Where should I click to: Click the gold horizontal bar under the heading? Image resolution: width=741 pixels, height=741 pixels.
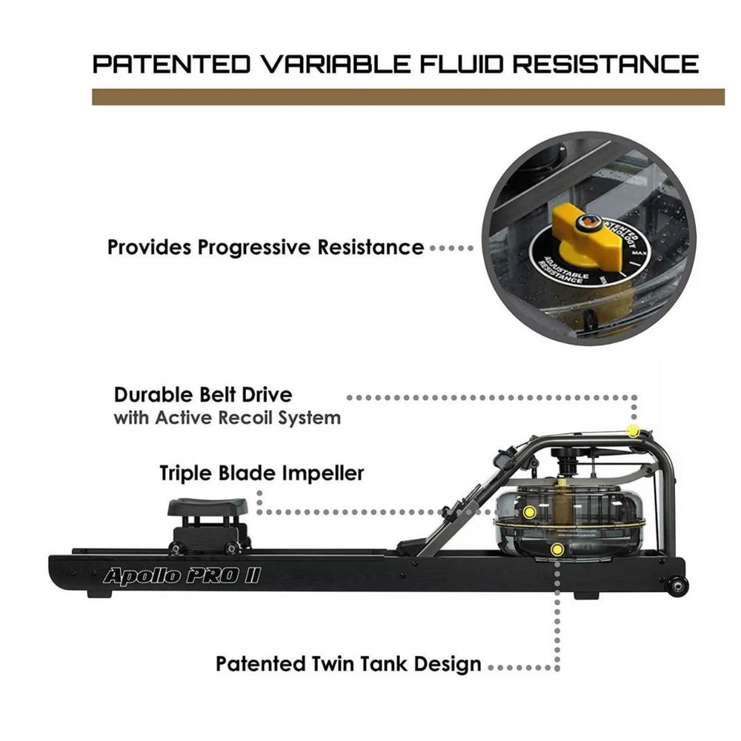point(408,97)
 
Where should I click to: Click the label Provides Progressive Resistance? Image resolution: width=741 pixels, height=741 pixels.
point(265,247)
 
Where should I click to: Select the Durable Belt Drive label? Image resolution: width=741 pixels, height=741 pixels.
point(202,394)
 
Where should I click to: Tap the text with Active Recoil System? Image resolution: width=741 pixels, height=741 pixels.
point(227,418)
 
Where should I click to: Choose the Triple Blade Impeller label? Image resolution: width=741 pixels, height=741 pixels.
point(262,473)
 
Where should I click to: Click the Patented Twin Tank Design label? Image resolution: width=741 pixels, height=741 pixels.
point(348,663)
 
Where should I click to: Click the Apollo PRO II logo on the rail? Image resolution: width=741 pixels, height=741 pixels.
point(181,576)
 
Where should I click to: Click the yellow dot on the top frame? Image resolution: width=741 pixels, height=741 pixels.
point(632,431)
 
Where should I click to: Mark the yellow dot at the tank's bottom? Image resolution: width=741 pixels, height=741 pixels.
point(557,549)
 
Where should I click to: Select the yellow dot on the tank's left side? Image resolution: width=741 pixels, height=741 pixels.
point(529,512)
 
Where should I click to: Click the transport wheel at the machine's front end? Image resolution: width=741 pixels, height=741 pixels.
point(675,585)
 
